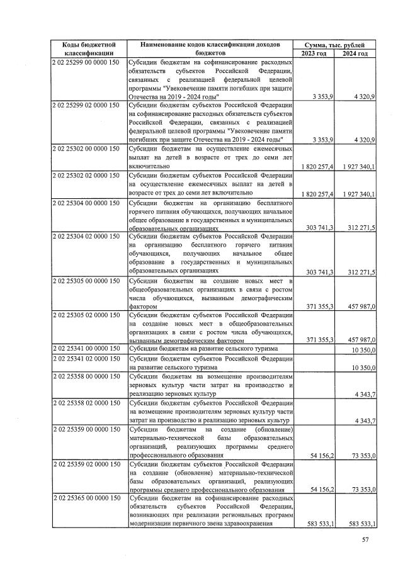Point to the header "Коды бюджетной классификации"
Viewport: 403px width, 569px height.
click(88, 50)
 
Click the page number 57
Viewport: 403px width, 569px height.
click(365, 539)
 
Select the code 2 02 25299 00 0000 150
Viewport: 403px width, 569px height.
click(86, 64)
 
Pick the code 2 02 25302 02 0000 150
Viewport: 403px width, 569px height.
click(86, 173)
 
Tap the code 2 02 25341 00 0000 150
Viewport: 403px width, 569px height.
click(86, 348)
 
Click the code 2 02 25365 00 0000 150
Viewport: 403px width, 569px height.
click(86, 498)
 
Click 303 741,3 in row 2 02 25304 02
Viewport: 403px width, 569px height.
click(319, 272)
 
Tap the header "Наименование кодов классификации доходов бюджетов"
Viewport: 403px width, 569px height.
click(210, 50)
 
